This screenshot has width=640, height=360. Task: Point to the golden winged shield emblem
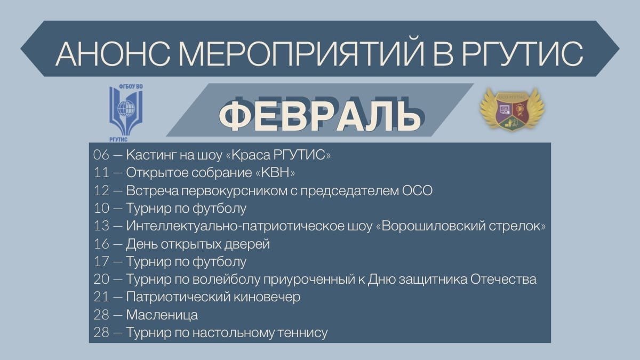(x=512, y=109)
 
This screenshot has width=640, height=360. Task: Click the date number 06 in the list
(x=101, y=155)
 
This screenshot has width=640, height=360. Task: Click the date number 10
(x=101, y=208)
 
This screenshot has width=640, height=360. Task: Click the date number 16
(x=101, y=244)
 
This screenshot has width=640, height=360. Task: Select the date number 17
(x=101, y=261)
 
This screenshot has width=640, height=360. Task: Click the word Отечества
(x=503, y=279)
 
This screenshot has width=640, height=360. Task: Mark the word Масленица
(x=162, y=315)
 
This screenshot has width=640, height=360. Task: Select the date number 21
(x=101, y=297)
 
